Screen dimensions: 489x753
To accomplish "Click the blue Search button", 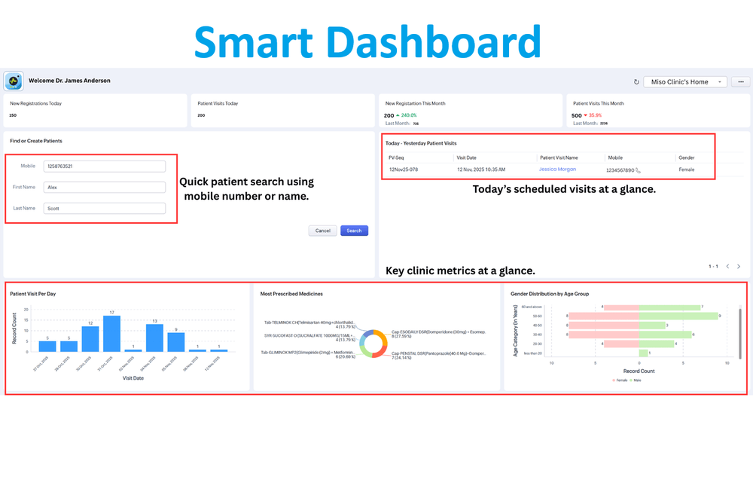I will [x=354, y=231].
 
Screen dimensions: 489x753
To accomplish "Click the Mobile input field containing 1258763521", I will [x=105, y=167].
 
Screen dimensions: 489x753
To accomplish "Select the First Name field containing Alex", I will [x=105, y=188].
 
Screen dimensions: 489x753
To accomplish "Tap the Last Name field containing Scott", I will [x=105, y=209].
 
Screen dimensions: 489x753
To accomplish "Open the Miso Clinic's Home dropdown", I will [x=685, y=81].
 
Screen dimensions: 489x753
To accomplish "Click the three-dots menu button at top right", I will [x=741, y=81].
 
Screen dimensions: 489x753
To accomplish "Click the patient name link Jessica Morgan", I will [x=558, y=170].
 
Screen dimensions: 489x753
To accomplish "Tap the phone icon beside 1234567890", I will [x=638, y=170].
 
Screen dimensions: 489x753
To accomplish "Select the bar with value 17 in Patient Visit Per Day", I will [x=111, y=334].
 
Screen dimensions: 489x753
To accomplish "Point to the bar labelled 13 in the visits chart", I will [x=154, y=338].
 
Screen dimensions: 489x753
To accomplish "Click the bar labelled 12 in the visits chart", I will [x=90, y=338].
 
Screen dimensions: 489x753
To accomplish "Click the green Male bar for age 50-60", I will [x=679, y=316].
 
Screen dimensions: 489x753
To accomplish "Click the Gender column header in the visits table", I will [x=686, y=158].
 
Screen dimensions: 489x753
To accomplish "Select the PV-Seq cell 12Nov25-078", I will [x=404, y=170].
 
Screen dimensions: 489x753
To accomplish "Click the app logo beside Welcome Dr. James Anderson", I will [x=14, y=81].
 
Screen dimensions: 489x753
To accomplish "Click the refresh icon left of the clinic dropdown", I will [x=636, y=81].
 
